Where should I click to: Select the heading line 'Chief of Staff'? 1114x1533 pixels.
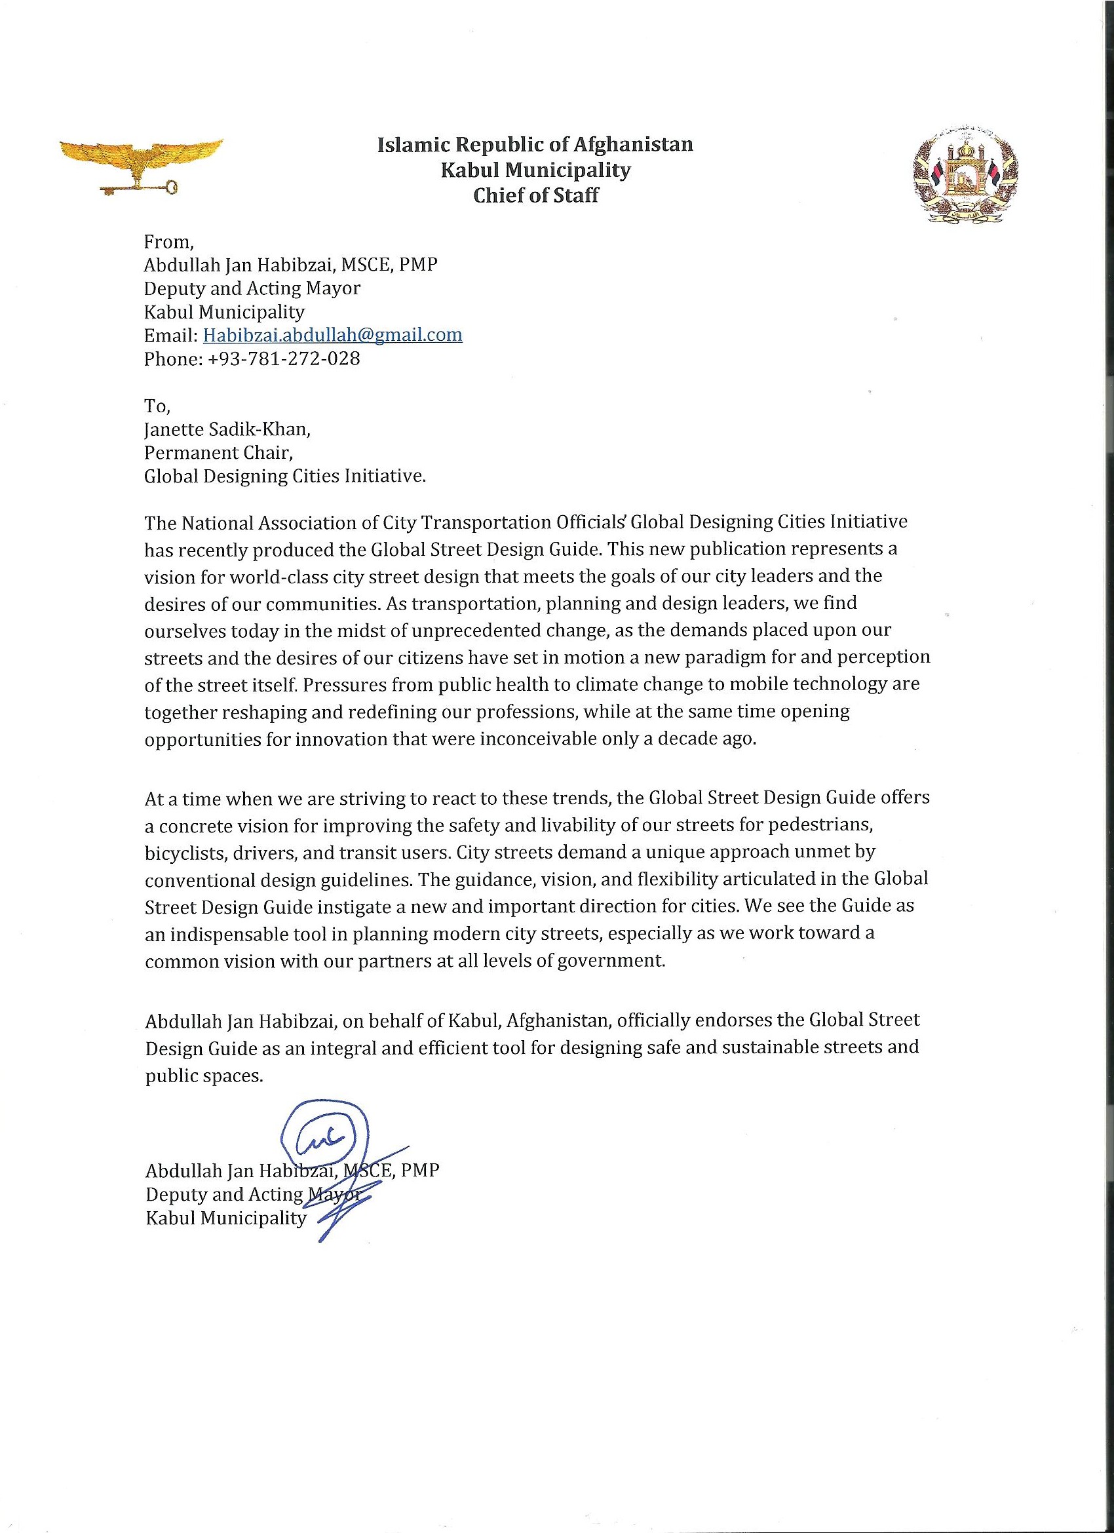535,196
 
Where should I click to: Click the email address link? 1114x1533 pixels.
333,334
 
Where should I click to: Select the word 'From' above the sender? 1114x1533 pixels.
168,242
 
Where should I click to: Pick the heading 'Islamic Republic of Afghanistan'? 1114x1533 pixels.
535,144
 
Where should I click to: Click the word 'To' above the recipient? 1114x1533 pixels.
155,406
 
